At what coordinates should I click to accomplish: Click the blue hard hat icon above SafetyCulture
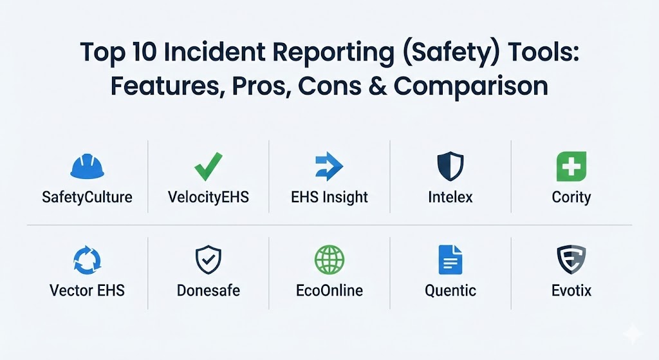(x=87, y=166)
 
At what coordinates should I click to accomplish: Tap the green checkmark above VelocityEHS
(x=209, y=167)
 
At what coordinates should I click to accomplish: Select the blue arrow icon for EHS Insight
(x=329, y=167)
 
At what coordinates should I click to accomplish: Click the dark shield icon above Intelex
(x=450, y=167)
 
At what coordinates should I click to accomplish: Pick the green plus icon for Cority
(x=571, y=167)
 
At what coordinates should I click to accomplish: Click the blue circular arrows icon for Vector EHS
(x=88, y=260)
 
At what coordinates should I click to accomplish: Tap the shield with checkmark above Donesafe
(x=209, y=260)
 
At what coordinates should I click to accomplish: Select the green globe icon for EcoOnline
(x=329, y=260)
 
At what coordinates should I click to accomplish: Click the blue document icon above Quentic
(x=450, y=260)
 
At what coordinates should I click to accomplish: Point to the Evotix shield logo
(x=571, y=260)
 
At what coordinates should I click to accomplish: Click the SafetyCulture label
(x=87, y=197)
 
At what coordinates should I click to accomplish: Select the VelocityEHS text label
(x=209, y=197)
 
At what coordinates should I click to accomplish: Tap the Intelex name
(x=450, y=197)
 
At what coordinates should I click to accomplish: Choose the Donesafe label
(x=209, y=290)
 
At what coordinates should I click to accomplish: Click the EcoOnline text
(x=329, y=290)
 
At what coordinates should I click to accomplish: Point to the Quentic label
(x=450, y=290)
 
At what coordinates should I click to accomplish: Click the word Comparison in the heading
(x=470, y=87)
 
